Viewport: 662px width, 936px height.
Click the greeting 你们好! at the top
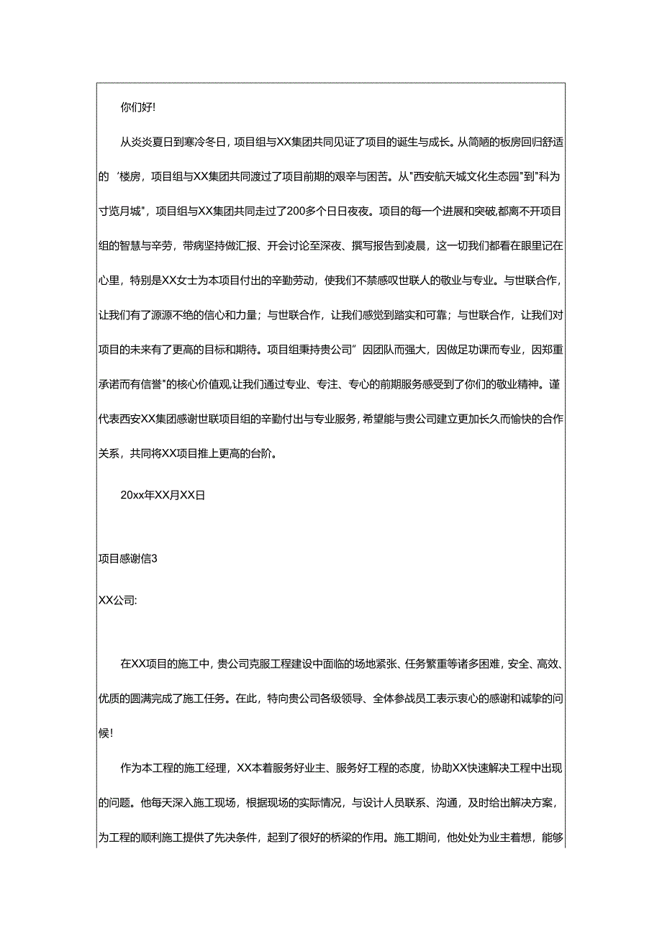pos(137,108)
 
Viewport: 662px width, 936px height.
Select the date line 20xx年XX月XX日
pos(163,496)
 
